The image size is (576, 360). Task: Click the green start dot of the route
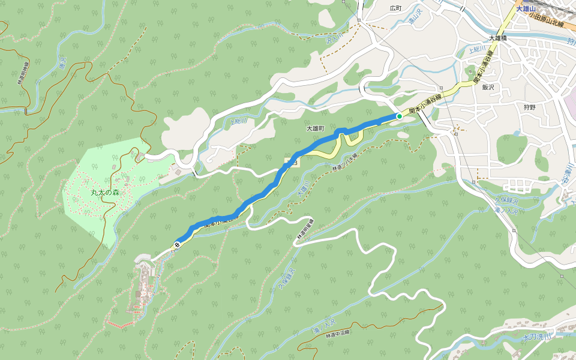(399, 116)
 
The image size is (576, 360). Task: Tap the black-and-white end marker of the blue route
(177, 244)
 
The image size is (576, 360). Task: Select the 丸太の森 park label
(105, 193)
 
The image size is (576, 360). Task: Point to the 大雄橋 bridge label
(497, 38)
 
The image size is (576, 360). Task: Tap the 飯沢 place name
(490, 88)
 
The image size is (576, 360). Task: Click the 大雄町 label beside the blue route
(315, 128)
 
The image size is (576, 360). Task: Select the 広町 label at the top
(395, 8)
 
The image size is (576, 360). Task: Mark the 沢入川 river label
(334, 40)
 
